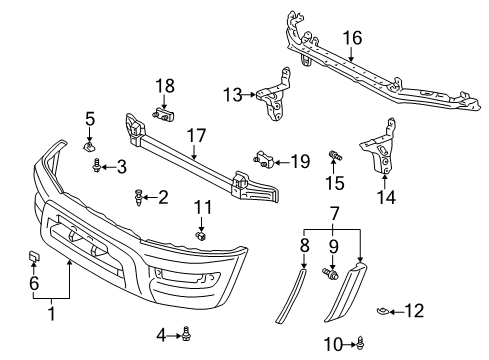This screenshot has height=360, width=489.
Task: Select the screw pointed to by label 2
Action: [x=136, y=198]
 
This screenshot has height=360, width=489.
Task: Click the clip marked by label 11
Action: [x=200, y=237]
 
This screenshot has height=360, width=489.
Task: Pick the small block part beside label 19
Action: [x=264, y=158]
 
